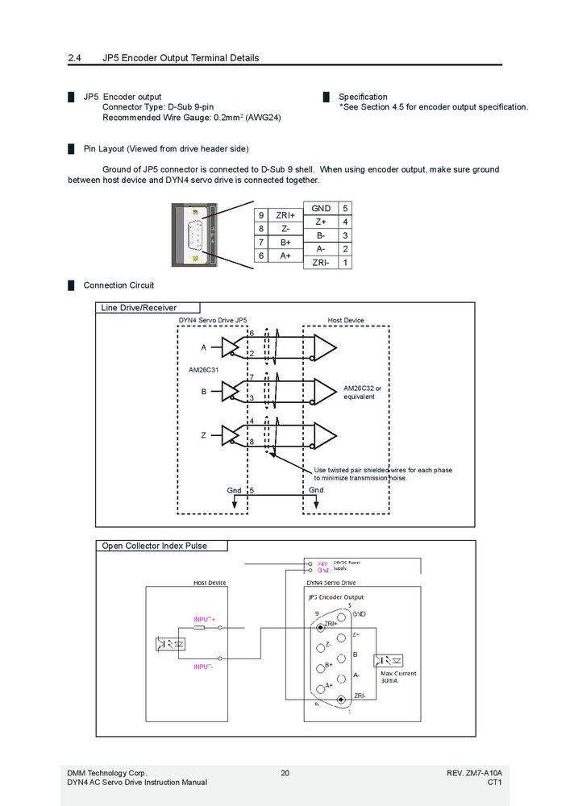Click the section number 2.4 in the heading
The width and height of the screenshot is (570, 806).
point(75,58)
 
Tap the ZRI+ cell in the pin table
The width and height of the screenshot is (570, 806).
point(285,215)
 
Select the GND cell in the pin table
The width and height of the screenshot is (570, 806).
point(321,209)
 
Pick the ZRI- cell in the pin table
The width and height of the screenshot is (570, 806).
point(321,263)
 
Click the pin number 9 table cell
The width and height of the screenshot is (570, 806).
point(260,215)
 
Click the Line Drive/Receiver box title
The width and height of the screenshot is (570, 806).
point(138,307)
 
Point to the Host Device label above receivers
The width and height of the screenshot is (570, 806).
point(346,320)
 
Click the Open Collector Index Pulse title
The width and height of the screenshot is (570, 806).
point(154,546)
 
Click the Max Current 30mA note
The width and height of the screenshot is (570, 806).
point(400,677)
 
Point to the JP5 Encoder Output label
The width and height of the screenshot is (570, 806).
point(336,597)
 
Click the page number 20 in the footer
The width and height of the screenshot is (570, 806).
point(285,774)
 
